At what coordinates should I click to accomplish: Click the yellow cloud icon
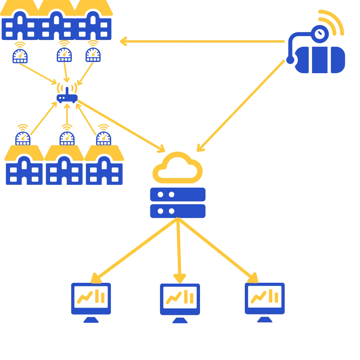[x=177, y=166]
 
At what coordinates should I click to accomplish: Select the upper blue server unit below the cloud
[x=177, y=195]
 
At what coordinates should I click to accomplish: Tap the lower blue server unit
[x=177, y=211]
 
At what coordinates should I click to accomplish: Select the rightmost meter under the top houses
[x=93, y=55]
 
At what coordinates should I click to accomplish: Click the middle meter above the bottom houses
[x=66, y=138]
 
